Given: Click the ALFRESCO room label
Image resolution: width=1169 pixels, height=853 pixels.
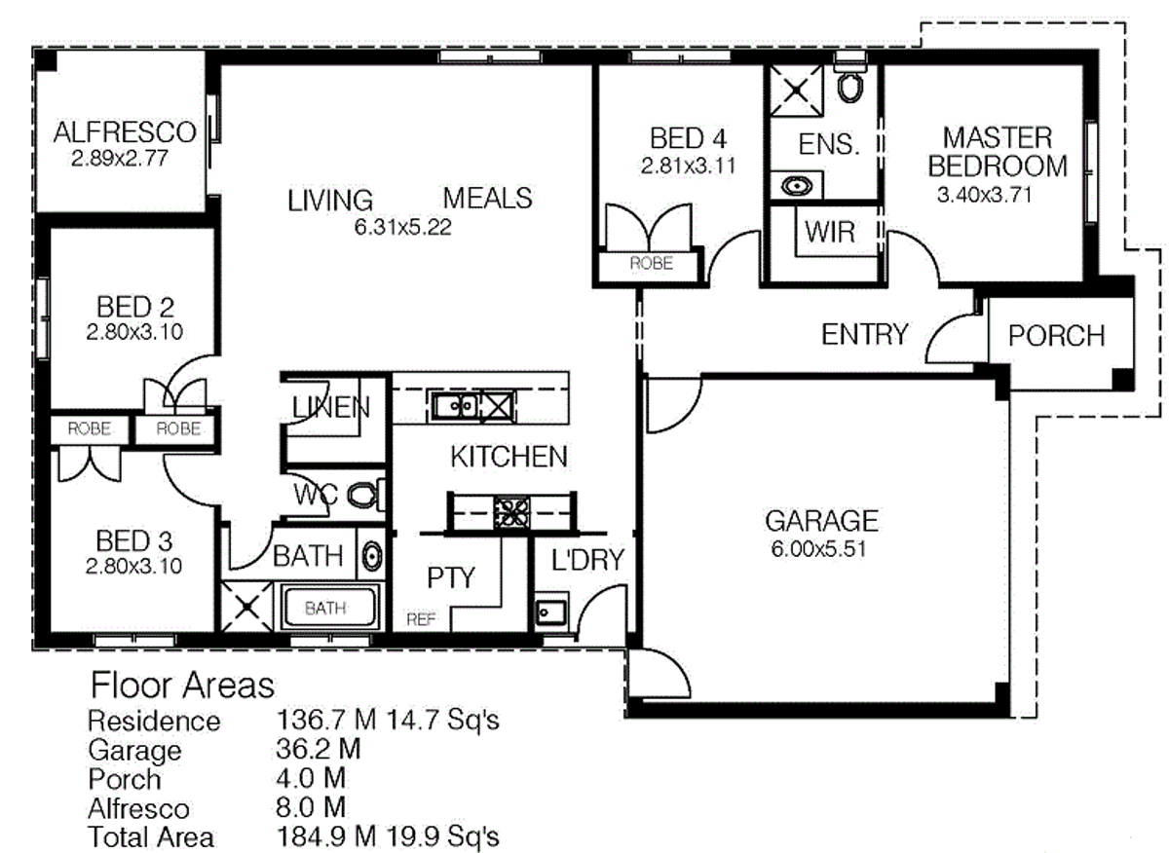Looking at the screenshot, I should click(125, 131).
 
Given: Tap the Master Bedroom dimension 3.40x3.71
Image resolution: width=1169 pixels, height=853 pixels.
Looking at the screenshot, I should click(984, 195).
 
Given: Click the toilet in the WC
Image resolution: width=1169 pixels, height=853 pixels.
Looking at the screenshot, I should click(362, 496).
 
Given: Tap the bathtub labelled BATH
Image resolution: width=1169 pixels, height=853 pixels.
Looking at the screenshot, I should click(327, 609).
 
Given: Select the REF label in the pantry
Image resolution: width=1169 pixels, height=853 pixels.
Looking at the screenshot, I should click(422, 619).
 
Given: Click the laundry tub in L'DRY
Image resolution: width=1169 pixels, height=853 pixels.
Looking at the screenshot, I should click(547, 612).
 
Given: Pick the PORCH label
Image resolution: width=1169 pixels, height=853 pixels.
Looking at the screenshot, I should click(1056, 336).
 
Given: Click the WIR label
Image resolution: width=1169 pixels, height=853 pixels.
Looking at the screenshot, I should click(829, 233).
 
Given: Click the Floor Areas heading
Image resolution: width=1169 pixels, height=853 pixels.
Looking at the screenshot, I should click(182, 686).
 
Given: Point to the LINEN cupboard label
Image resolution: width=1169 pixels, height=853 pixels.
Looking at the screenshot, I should click(331, 408).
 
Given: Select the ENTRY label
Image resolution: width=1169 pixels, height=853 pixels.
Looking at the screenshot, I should click(864, 334).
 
